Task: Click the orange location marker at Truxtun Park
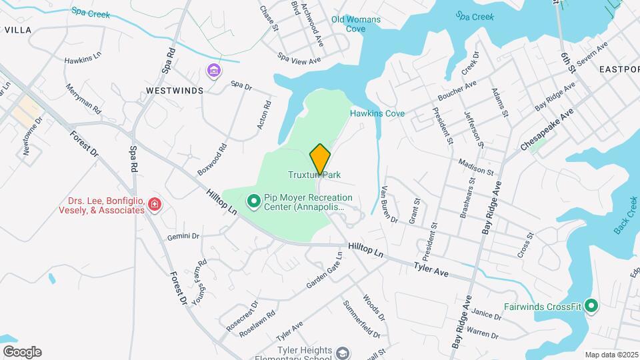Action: pos(320,159)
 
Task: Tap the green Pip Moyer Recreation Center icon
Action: pos(253,200)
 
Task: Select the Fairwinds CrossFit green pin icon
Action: pos(591,306)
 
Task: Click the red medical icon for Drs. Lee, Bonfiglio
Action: pos(154,203)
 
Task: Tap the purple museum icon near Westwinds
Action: pos(213,71)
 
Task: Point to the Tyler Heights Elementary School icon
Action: pos(343,353)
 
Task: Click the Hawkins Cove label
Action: pos(377,113)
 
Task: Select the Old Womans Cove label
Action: pos(357,24)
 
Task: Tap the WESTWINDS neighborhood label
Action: pos(175,91)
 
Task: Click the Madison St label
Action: pos(475,167)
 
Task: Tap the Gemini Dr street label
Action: pos(183,236)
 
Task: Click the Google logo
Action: pos(22,352)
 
